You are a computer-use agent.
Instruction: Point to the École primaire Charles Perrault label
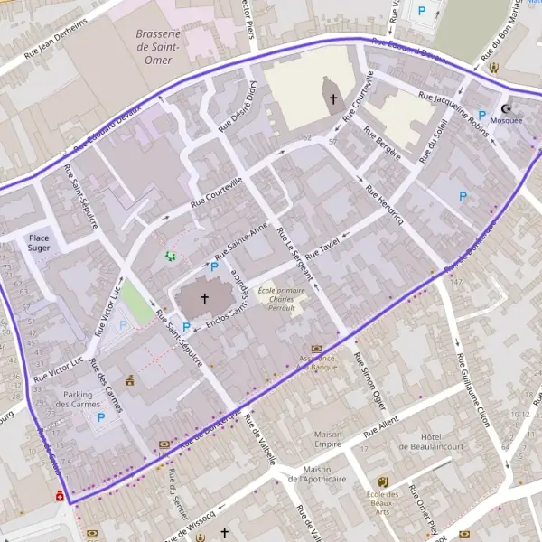click(278, 298)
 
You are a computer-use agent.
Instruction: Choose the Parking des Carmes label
click(87, 398)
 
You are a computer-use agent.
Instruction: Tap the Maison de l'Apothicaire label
click(331, 473)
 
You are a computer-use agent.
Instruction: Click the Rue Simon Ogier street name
click(372, 378)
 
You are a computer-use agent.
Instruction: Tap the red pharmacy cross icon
click(60, 496)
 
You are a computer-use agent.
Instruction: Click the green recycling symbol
click(170, 257)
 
